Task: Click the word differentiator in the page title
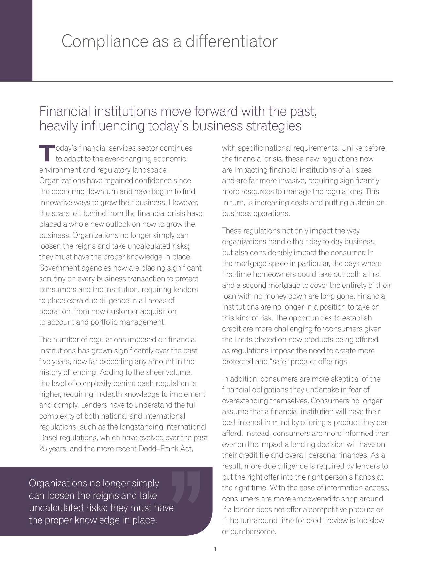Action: click(231, 41)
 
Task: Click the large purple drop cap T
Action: click(46, 153)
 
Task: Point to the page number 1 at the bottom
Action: click(215, 549)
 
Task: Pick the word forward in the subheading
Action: click(216, 111)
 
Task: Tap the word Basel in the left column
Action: click(48, 438)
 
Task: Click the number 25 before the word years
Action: click(43, 449)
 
